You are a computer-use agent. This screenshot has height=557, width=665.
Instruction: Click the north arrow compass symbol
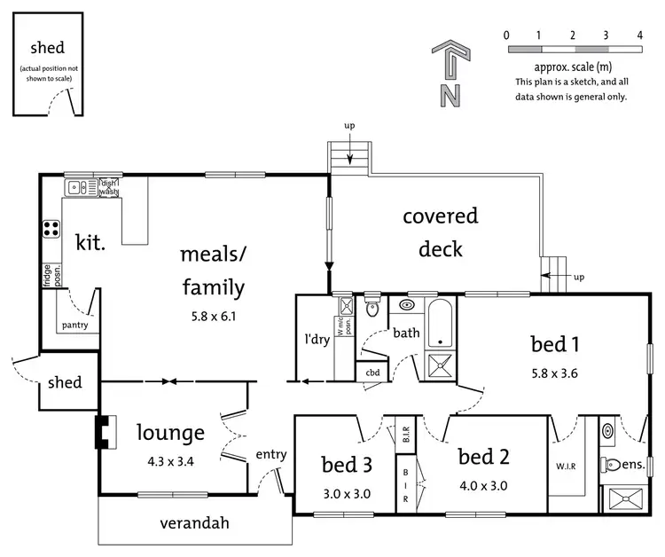coord(450,73)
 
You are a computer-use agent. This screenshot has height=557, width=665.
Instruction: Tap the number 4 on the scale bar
coord(639,35)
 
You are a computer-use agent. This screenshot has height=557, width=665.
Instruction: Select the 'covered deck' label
coord(441,232)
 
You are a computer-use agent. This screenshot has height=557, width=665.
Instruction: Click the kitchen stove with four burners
coord(51,229)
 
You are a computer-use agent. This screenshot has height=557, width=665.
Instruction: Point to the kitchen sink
coord(78,187)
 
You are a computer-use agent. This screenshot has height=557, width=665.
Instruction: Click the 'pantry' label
coord(74,326)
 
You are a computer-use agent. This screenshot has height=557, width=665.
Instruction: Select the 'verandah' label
coord(195,522)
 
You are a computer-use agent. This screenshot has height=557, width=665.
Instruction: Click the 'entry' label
coord(271,454)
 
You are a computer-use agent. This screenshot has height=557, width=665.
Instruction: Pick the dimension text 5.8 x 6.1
coord(212,315)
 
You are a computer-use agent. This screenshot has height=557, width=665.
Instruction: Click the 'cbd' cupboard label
coord(373,373)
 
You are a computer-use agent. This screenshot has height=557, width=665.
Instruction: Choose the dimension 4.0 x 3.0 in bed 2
coord(484,485)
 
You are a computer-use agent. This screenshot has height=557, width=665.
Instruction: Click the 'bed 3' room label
coord(346,463)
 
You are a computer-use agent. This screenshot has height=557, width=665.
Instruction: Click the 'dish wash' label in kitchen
coord(108,186)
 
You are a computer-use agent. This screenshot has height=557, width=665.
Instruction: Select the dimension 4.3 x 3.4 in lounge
coord(170,461)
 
